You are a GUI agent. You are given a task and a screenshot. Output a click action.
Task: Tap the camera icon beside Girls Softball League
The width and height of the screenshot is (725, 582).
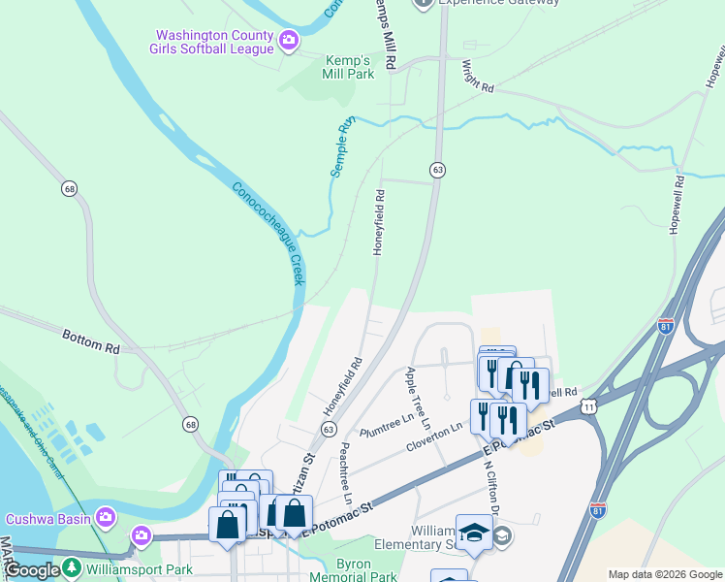(288, 41)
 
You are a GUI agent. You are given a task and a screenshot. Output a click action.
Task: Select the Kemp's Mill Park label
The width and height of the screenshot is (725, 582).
(347, 66)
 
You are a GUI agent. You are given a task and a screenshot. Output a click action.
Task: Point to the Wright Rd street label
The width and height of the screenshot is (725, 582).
(478, 76)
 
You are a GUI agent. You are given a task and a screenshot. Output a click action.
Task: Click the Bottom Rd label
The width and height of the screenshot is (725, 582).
(91, 340)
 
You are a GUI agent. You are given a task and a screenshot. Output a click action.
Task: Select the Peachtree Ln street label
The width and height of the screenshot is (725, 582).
(346, 473)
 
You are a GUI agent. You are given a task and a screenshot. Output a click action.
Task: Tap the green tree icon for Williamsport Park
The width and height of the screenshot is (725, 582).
(71, 566)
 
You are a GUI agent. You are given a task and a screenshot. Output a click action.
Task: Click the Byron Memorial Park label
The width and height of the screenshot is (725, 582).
(353, 569)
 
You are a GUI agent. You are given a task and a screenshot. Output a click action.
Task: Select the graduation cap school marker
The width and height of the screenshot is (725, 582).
(474, 533)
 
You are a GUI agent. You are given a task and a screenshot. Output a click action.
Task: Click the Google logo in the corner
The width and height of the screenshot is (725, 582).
(31, 571)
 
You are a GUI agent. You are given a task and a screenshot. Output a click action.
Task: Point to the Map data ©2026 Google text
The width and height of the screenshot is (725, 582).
(664, 574)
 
